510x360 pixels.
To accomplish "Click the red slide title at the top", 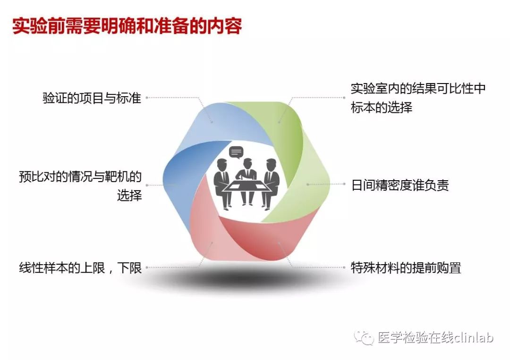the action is coord(127,26).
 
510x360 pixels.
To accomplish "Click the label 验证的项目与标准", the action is coord(92,98).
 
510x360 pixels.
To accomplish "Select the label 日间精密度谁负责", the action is coord(400,185).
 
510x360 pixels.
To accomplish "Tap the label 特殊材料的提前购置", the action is coord(406,268).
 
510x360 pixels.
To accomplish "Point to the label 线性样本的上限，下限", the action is coord(80,268).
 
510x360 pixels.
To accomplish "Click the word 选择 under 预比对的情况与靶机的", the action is coord(129,196).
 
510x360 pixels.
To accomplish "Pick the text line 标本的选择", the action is coord(382,107).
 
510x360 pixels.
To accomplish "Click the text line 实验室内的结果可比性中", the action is coord(418,88).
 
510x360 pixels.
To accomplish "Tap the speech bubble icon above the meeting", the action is coord(236,152).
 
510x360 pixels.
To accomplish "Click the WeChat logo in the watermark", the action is coord(364,338).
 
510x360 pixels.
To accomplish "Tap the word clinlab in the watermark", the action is coord(474,337).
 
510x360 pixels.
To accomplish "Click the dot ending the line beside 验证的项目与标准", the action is coord(147,98).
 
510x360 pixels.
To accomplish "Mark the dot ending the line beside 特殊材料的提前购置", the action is coord(344,268).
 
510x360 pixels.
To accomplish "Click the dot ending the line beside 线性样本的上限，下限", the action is coord(147,268).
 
